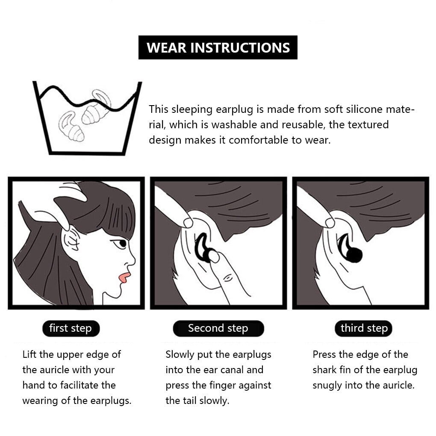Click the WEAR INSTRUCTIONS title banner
[x=218, y=47]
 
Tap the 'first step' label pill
[x=71, y=328]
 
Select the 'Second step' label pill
[x=218, y=328]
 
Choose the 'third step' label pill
[x=364, y=328]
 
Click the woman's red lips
[x=124, y=278]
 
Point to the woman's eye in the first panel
[x=121, y=244]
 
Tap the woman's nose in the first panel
[x=131, y=260]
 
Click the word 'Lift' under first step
[x=29, y=354]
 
